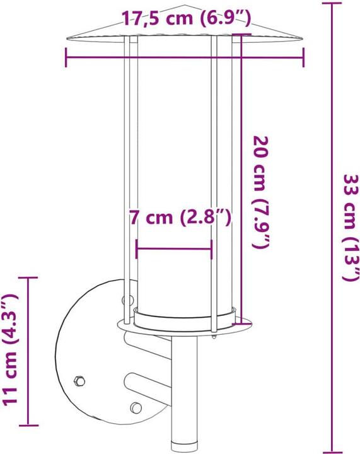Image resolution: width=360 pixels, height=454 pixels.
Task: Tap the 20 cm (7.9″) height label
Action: (x=263, y=191)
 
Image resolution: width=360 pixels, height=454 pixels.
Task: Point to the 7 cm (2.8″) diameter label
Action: (x=180, y=218)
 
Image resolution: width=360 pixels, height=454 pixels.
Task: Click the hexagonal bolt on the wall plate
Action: (x=79, y=380)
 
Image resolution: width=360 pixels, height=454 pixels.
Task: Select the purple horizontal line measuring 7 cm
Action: (x=173, y=249)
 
